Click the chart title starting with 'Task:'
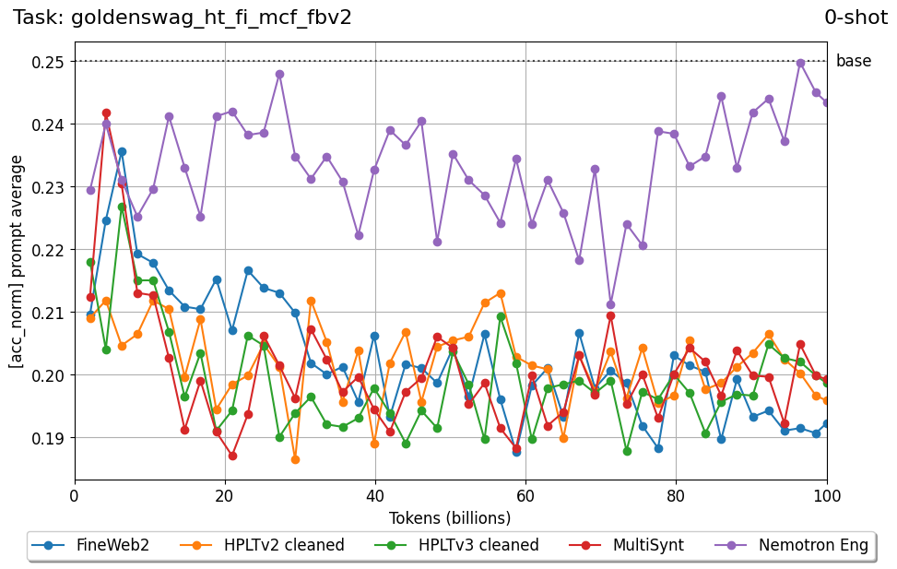click(183, 18)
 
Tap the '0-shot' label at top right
click(856, 18)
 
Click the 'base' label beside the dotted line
click(853, 62)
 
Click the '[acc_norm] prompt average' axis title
click(18, 261)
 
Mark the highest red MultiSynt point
click(106, 113)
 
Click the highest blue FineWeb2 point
click(122, 151)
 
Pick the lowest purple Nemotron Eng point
click(610, 304)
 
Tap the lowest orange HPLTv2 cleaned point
click(295, 459)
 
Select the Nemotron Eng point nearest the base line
click(800, 64)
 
